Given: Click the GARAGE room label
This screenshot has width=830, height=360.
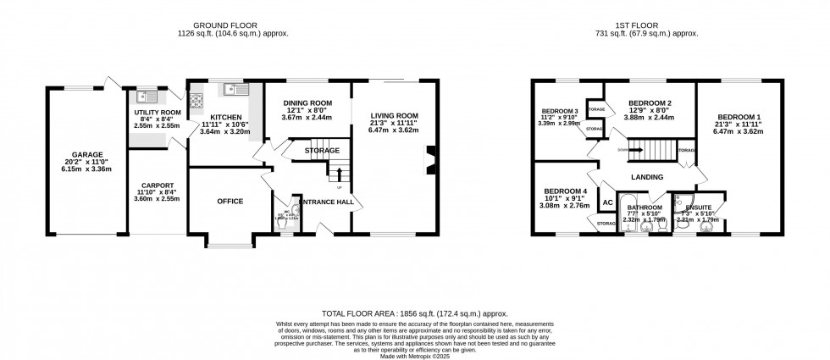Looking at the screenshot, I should pos(86,155).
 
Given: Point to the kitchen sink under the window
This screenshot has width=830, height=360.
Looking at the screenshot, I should pos(232,89).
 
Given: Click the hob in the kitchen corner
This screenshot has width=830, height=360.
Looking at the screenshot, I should pos(196,99).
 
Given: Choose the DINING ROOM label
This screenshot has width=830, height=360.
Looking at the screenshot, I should pos(307,103).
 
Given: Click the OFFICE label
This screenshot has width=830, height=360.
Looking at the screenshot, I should pos(230,201).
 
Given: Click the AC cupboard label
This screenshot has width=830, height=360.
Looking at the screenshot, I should pos(606,203).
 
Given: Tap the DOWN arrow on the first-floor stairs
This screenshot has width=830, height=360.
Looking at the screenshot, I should pos(632,150).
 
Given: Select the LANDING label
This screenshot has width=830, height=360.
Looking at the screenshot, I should pos(646,176).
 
